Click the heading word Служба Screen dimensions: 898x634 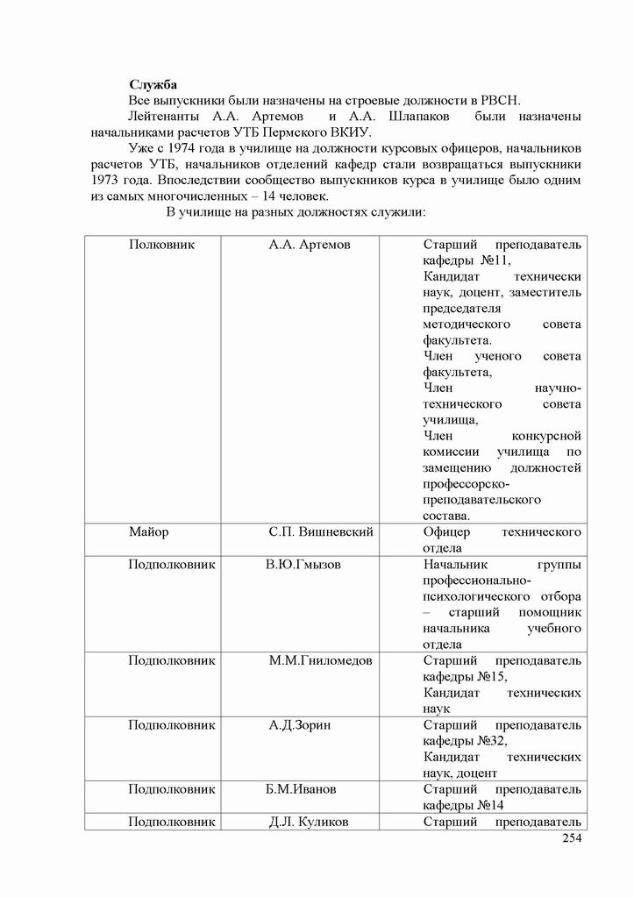(153, 85)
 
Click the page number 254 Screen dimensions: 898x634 (570, 839)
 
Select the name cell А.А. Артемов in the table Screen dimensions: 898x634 (310, 245)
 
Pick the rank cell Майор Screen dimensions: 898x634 (149, 532)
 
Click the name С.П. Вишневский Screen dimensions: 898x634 (322, 532)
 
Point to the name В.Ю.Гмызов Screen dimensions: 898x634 (303, 565)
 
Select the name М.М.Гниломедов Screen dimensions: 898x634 (320, 660)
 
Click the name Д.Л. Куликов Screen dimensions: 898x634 (308, 823)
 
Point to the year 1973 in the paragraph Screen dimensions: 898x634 (107, 180)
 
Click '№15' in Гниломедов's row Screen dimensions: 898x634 (491, 676)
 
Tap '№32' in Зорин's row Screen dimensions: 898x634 (491, 741)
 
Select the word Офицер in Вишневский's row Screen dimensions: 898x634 (446, 532)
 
